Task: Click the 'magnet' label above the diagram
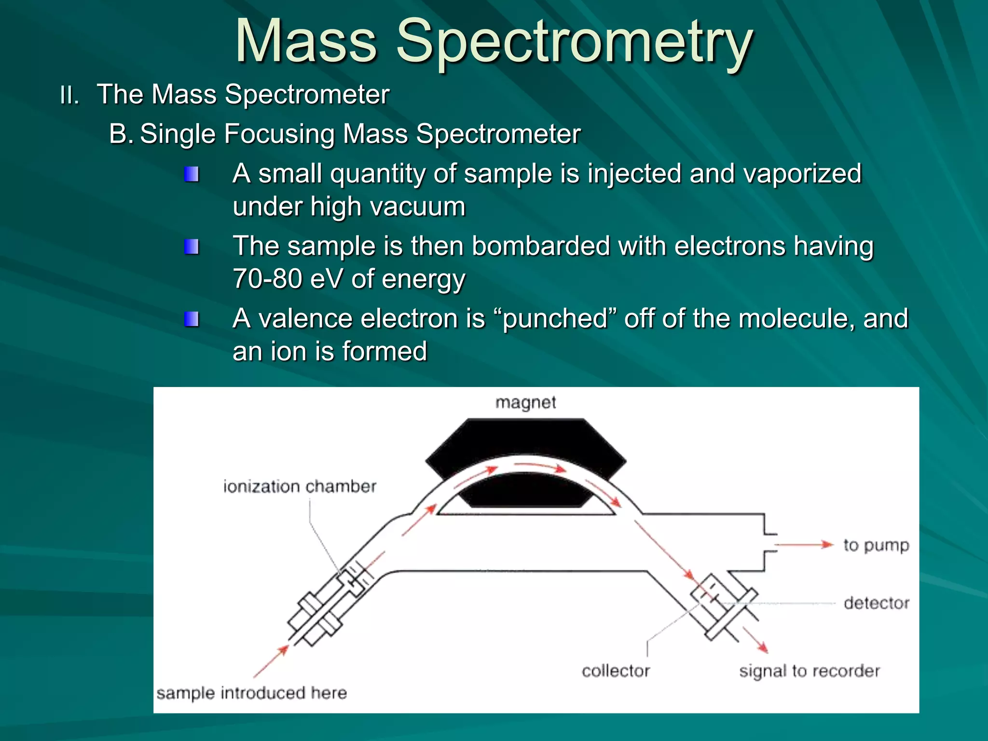tap(525, 402)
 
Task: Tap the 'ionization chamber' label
tap(299, 486)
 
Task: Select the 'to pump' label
tap(876, 545)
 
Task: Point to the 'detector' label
tap(876, 603)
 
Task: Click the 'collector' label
tap(616, 671)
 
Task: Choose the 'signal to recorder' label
tap(809, 671)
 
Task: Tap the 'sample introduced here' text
tap(251, 693)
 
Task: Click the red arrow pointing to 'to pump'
tap(803, 545)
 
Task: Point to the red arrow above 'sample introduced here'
tap(272, 661)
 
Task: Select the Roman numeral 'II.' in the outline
tap(69, 95)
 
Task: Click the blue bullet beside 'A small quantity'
tap(192, 174)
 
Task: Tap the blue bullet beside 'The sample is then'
tap(192, 247)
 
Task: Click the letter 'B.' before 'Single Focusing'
tap(121, 134)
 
